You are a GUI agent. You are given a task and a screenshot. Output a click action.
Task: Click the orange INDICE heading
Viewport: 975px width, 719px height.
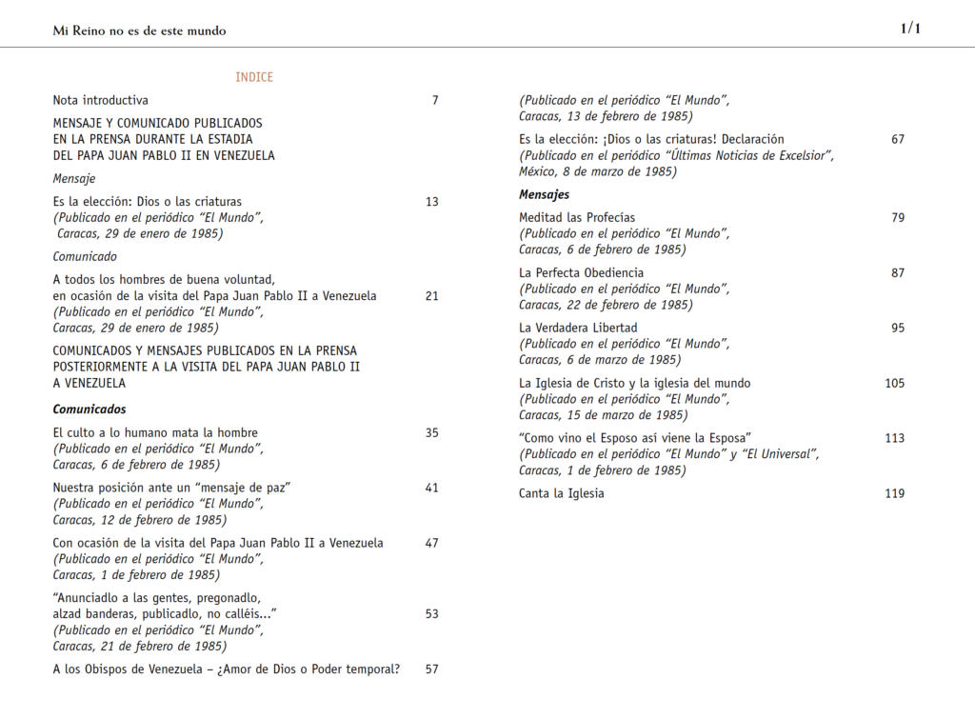(x=254, y=77)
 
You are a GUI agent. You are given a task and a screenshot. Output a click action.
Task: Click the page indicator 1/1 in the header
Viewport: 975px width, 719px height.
(x=910, y=29)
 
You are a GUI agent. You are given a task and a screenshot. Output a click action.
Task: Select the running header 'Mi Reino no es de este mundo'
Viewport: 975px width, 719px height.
(x=139, y=30)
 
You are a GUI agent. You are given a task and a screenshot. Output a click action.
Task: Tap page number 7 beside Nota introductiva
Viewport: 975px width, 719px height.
(x=435, y=100)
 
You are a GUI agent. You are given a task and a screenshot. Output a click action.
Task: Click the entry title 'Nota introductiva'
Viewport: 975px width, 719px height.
(x=101, y=100)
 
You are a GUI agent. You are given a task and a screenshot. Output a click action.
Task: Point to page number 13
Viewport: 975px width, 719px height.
(x=432, y=202)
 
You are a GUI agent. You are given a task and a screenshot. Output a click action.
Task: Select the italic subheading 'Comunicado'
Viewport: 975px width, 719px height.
(x=85, y=256)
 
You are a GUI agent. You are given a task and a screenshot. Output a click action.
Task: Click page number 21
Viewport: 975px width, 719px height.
(x=432, y=296)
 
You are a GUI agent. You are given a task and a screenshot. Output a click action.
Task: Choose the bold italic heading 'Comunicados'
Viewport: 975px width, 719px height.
(x=90, y=409)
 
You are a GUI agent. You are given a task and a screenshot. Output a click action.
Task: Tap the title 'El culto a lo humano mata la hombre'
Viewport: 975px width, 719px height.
(x=155, y=433)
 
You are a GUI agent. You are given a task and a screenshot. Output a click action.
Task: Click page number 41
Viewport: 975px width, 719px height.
(x=432, y=489)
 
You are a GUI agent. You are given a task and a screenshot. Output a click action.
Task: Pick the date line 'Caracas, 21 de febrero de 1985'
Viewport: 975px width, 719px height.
(x=139, y=646)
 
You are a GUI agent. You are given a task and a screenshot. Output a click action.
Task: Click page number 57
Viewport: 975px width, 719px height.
(x=432, y=669)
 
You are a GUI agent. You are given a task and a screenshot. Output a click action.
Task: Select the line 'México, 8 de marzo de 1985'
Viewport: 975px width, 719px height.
(x=598, y=171)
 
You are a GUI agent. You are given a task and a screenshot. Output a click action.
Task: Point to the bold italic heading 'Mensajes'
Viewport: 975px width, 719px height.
(x=545, y=195)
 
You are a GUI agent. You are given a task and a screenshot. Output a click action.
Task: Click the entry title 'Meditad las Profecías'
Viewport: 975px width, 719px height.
(x=577, y=218)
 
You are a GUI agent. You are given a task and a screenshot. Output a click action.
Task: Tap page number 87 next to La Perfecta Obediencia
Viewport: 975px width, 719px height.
(x=898, y=273)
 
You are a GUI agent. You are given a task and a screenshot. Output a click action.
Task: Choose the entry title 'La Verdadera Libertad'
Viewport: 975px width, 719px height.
(x=578, y=329)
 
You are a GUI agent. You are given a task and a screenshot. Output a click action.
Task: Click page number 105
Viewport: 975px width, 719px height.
(x=895, y=384)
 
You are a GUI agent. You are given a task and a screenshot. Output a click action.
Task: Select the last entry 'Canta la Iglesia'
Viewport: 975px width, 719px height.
(x=562, y=494)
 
